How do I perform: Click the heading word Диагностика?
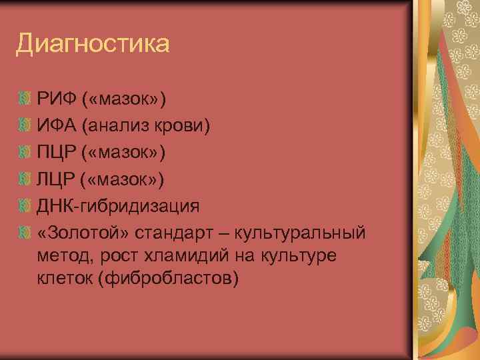[93, 45]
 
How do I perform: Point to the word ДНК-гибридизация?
[119, 205]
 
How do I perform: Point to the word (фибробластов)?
[167, 277]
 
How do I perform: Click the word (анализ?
[117, 126]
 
